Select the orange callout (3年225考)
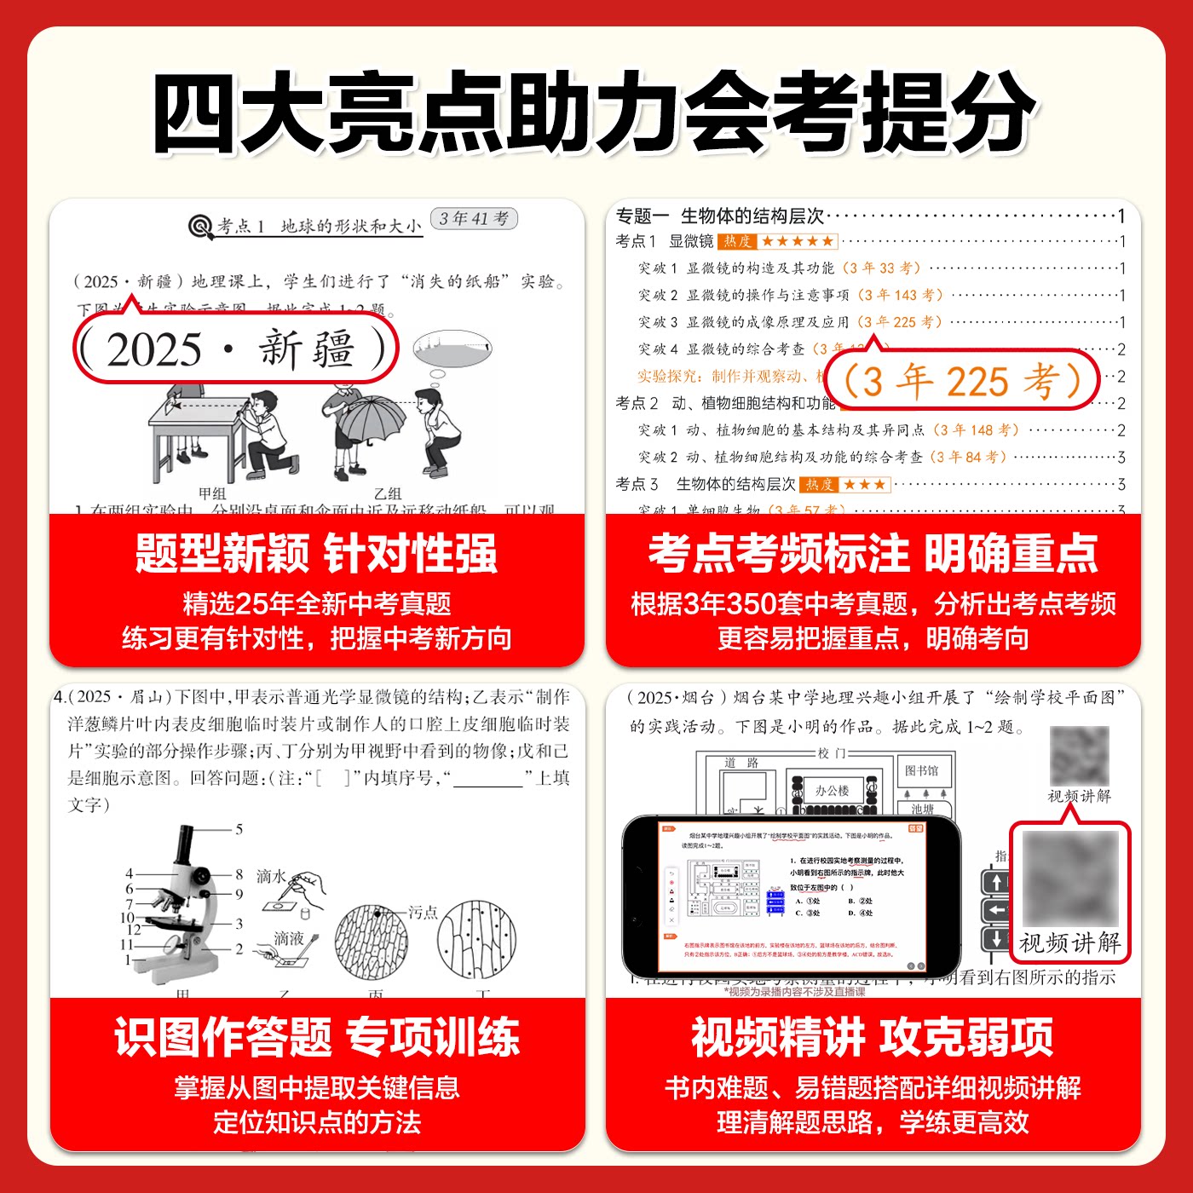click(961, 381)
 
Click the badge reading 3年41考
click(474, 219)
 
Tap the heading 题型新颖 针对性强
click(316, 554)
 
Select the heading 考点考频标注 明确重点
click(873, 554)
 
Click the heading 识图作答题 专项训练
click(316, 1037)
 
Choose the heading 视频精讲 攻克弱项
click(873, 1037)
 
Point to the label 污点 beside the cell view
click(423, 913)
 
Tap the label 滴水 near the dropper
click(271, 876)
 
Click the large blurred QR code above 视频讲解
click(1069, 879)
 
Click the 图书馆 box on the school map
click(921, 770)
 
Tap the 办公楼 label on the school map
click(832, 791)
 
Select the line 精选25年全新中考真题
click(316, 604)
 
